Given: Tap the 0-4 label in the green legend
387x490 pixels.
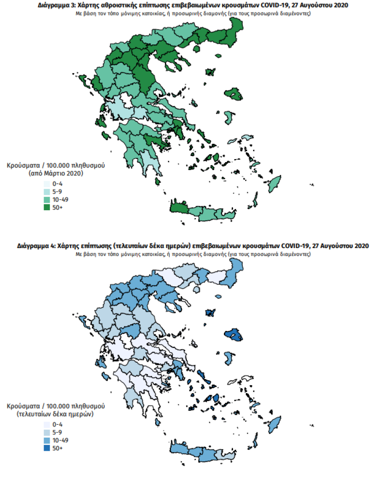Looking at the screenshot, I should (x=58, y=183).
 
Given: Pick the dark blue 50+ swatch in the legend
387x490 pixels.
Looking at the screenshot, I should (x=47, y=448).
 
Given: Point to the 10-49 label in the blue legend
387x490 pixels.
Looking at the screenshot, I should (x=61, y=440).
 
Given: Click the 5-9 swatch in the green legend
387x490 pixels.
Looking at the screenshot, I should (x=47, y=192).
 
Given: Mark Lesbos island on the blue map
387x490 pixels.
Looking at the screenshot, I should (x=233, y=335).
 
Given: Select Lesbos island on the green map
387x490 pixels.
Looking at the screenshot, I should (x=233, y=94).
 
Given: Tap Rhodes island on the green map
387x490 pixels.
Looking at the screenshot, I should (x=274, y=182).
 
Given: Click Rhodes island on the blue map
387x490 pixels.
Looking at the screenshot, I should (x=274, y=424).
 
